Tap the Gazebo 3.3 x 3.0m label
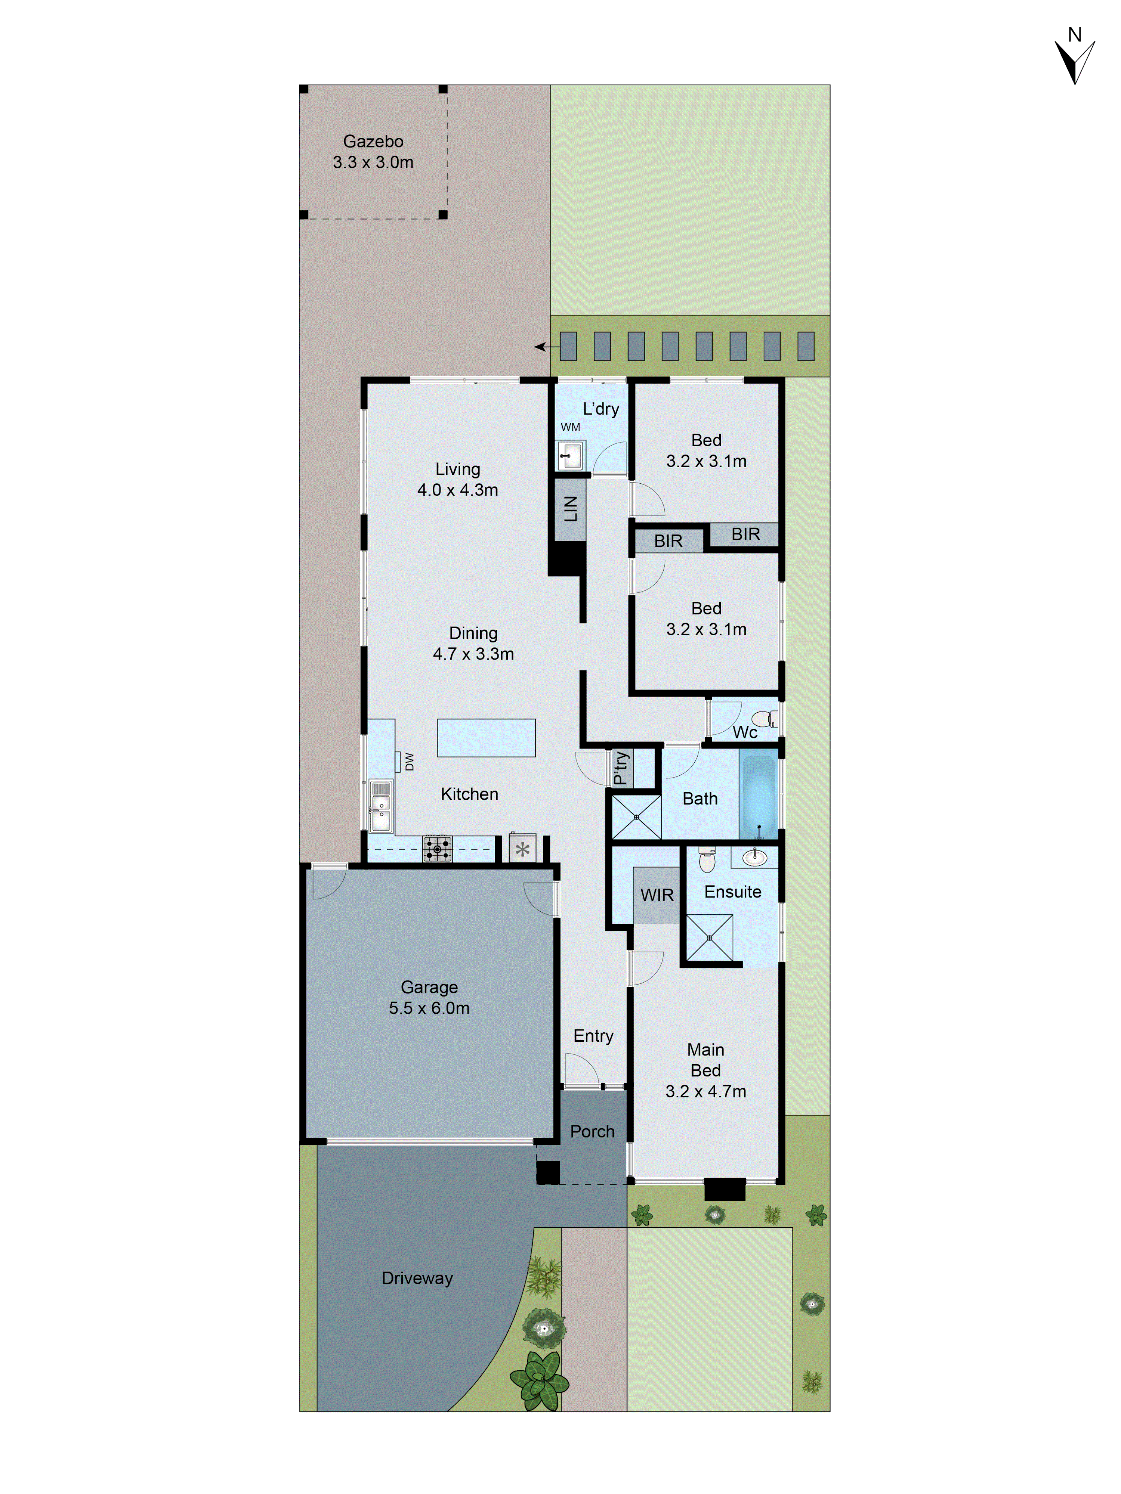click(x=373, y=152)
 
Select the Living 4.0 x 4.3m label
click(x=457, y=480)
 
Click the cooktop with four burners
click(x=437, y=849)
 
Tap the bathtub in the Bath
click(x=759, y=796)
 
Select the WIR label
click(x=657, y=895)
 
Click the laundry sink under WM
click(x=571, y=456)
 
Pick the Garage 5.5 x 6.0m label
click(x=429, y=998)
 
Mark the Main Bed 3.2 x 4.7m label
click(x=705, y=1070)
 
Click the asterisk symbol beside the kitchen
click(x=522, y=850)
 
